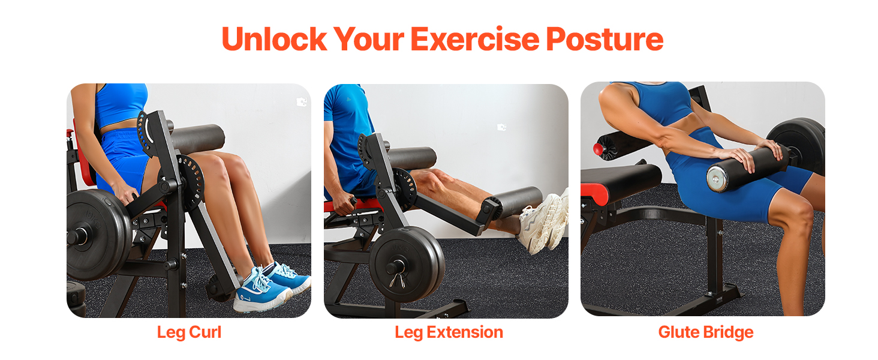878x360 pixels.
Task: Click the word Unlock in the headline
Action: tap(275, 39)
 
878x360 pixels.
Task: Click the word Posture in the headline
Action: tap(605, 40)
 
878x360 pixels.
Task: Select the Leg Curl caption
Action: tap(189, 332)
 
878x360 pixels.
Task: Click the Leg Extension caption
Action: tap(449, 332)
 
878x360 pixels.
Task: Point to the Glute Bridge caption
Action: tap(705, 332)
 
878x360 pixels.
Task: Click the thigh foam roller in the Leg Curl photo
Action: tap(196, 138)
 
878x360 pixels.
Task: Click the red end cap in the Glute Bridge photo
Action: tap(598, 149)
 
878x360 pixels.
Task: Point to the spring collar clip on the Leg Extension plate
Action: tap(397, 280)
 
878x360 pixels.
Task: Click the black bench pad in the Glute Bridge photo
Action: tap(621, 178)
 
